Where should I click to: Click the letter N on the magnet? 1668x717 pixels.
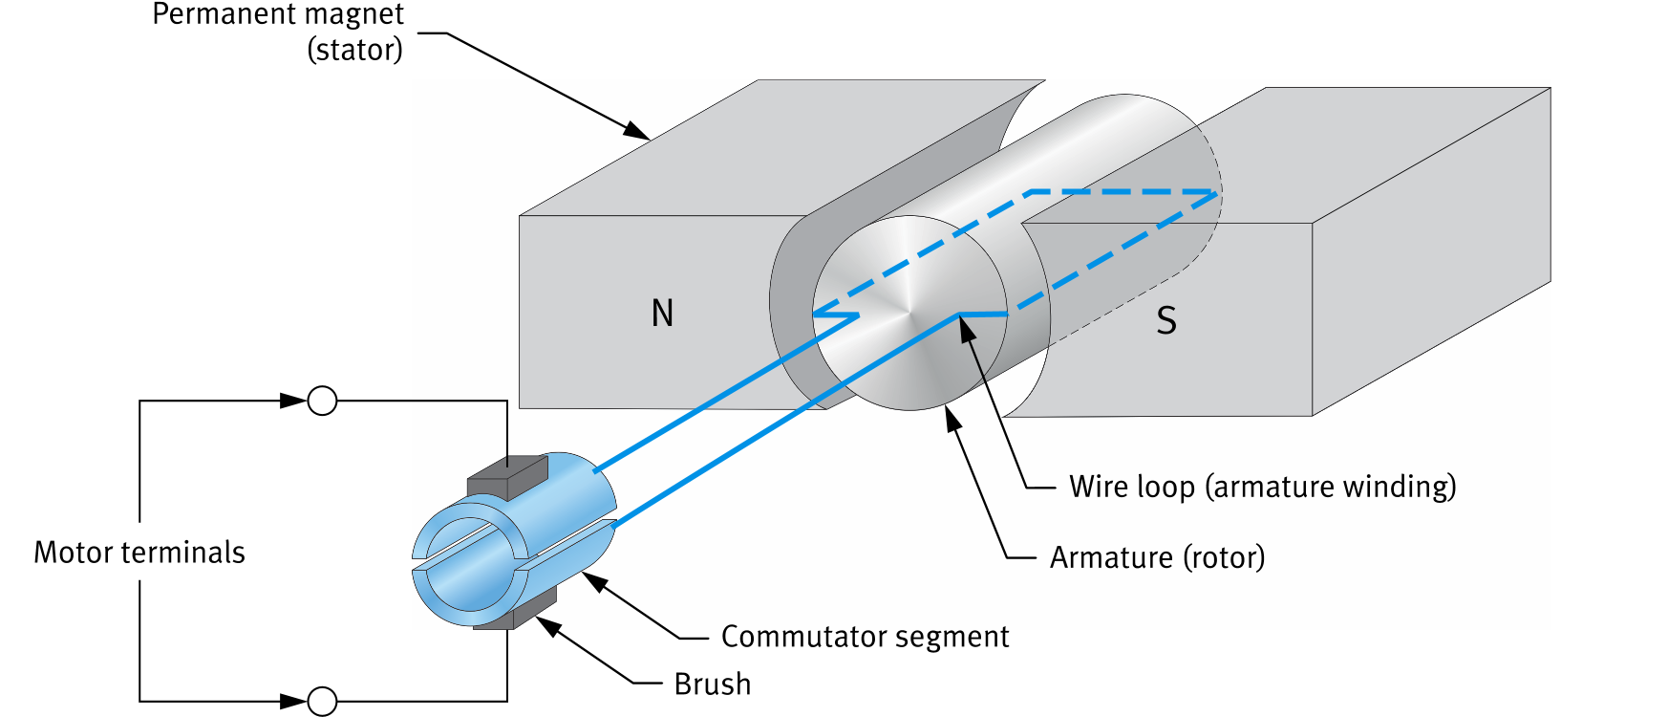click(x=662, y=314)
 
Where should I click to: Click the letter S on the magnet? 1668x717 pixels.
click(x=1165, y=320)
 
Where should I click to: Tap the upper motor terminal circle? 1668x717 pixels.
click(x=323, y=401)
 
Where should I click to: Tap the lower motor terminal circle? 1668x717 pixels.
click(x=323, y=702)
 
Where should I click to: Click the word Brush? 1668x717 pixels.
click(x=712, y=684)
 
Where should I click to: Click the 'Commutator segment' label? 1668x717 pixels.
click(x=864, y=637)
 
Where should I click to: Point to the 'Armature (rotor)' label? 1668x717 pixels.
click(x=1156, y=557)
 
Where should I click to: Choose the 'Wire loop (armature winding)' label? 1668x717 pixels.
click(x=1261, y=487)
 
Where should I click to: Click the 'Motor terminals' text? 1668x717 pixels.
click(x=139, y=553)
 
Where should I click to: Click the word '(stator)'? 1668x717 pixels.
click(x=354, y=50)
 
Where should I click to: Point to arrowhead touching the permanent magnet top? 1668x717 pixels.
click(x=637, y=132)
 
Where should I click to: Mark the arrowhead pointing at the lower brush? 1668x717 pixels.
click(x=547, y=625)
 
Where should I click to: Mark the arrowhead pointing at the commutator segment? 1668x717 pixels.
click(x=594, y=580)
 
